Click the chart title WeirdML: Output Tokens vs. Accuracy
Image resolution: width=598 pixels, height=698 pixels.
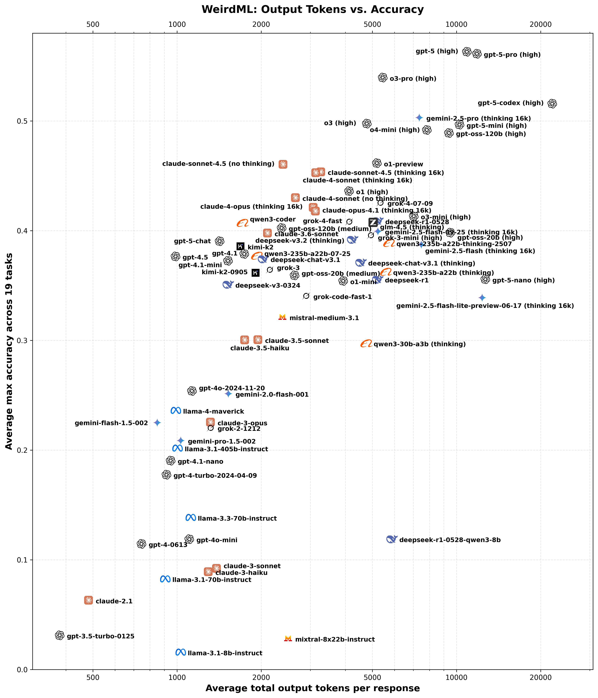(x=312, y=9)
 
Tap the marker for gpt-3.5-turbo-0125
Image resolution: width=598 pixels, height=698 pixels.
(x=60, y=635)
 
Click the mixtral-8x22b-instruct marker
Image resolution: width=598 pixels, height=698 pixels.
(x=288, y=638)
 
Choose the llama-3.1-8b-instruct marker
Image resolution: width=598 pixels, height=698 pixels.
(x=181, y=652)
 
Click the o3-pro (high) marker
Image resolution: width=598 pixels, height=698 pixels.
(x=383, y=78)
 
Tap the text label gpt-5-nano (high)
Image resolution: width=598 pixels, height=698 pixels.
(x=523, y=280)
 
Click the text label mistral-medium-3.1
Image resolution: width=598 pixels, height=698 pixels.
(x=324, y=318)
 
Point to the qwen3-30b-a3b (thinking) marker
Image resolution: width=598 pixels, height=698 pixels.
(x=366, y=344)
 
